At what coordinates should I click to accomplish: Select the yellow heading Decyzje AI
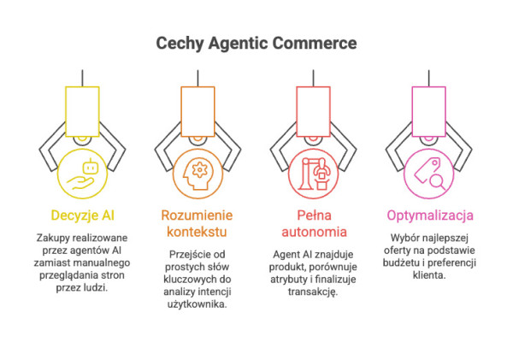tap(83, 213)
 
